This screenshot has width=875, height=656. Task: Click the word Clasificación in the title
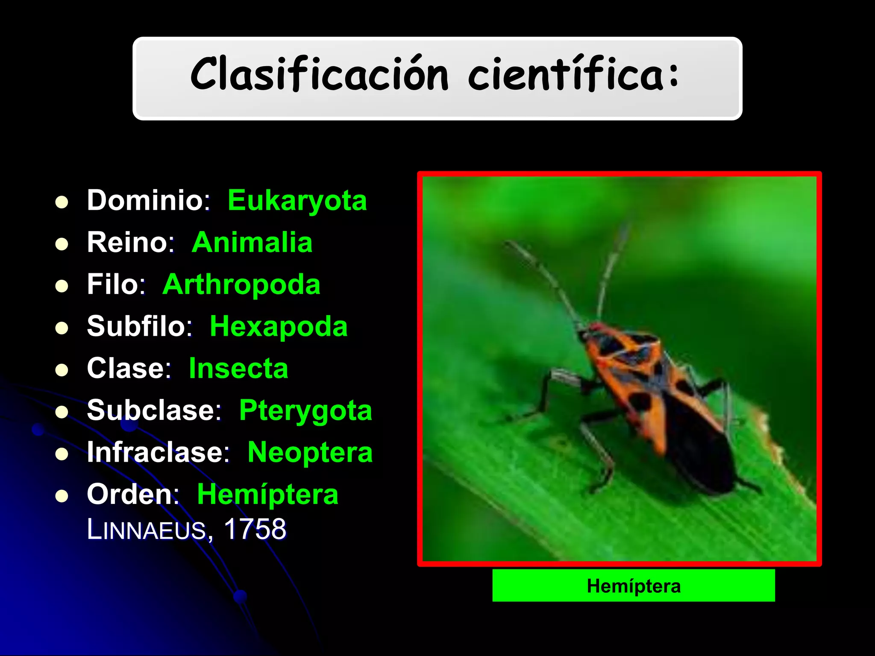(320, 74)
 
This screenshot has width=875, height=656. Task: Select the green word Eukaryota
(297, 200)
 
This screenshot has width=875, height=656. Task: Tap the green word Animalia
(252, 242)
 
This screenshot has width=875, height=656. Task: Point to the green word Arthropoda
(241, 284)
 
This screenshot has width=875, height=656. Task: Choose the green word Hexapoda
(279, 327)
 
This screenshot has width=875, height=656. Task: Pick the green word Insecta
(238, 368)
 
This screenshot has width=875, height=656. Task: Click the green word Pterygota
(305, 410)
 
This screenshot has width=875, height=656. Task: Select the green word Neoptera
(310, 452)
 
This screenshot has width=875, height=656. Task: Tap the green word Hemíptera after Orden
(267, 495)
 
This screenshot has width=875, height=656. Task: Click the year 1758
(255, 530)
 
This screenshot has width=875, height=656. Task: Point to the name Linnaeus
(147, 530)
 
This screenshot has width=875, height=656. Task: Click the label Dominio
(145, 200)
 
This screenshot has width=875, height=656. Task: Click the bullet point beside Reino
(62, 244)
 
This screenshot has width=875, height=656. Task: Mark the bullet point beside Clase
(62, 370)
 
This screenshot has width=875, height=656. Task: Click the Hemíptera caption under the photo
(634, 586)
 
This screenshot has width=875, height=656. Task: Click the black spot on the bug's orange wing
(640, 401)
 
